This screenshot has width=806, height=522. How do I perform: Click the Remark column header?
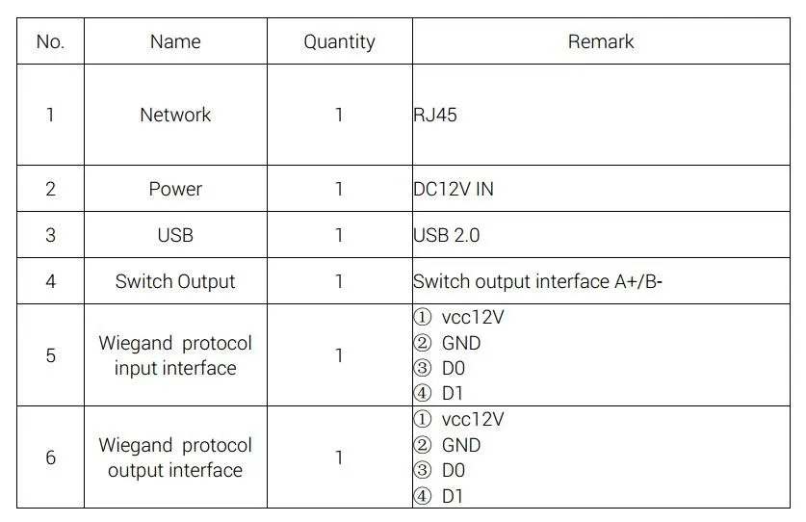(601, 41)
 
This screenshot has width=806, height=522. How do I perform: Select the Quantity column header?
(339, 41)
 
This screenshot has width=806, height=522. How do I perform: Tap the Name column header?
(175, 41)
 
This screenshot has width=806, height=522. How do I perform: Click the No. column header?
(50, 41)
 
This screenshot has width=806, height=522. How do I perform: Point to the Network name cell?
(175, 115)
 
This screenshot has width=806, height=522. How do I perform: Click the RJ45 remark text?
(435, 115)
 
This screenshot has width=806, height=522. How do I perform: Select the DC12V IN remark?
(453, 189)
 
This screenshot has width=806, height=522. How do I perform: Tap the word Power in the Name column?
(175, 189)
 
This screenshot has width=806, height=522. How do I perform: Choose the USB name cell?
(175, 235)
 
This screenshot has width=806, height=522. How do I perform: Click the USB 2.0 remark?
(446, 235)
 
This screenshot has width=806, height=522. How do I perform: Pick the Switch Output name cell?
(175, 281)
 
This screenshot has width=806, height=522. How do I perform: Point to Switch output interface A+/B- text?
(537, 281)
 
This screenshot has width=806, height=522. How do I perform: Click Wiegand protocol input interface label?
(175, 355)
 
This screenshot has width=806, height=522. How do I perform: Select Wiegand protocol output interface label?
(175, 457)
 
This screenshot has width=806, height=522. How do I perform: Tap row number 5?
(50, 355)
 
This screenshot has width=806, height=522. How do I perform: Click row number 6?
(50, 457)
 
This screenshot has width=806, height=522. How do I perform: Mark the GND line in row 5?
(460, 343)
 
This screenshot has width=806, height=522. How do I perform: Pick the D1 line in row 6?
(452, 496)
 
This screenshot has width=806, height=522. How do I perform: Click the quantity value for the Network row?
(339, 115)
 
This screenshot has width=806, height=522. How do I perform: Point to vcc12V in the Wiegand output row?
(472, 420)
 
